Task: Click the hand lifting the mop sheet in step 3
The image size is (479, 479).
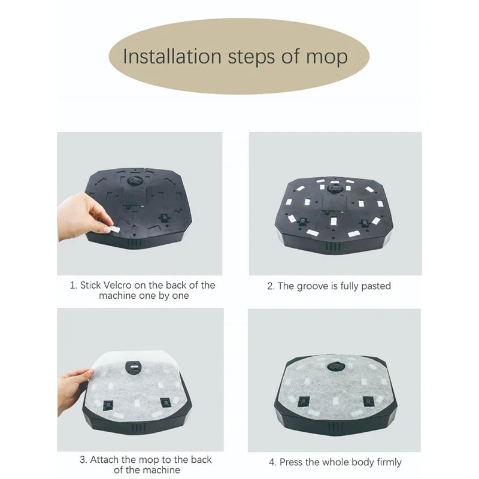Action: coord(75,387)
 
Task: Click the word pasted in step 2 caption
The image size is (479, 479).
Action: coord(375,286)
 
